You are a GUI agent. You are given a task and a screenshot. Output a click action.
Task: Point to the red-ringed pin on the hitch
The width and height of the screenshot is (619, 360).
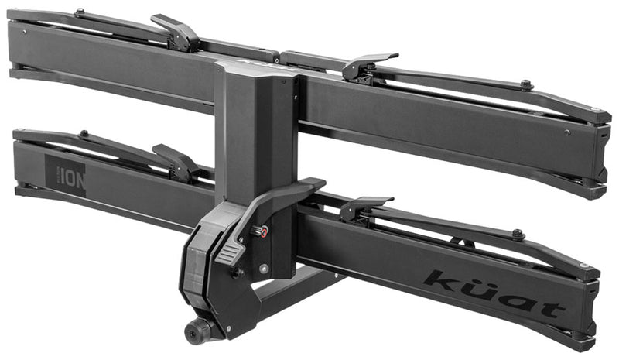pos(262,231)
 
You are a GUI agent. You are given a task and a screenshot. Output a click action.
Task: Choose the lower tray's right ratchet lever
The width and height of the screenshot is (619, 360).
pos(364,206)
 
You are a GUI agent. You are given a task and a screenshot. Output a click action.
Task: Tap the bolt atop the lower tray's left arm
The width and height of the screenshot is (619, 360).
pos(83,134)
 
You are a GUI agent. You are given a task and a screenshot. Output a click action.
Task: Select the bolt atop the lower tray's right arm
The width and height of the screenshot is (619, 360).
pos(518,233)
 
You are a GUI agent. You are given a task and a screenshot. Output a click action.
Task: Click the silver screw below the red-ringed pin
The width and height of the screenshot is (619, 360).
pos(264,268)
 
